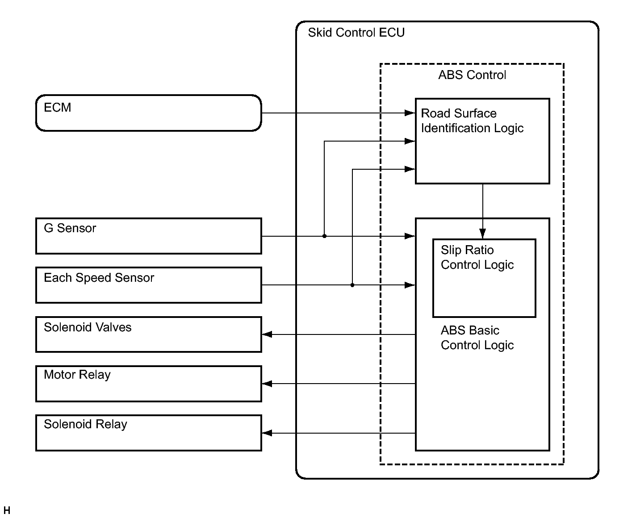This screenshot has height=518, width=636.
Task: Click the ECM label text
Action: coord(57,108)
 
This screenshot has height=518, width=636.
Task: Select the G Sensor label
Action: coord(70,228)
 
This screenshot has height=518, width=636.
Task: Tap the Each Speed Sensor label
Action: coord(99,278)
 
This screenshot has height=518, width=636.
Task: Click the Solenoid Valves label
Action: coord(88,327)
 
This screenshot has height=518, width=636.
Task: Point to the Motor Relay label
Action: coord(77,375)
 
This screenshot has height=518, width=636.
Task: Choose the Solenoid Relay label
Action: coord(85,425)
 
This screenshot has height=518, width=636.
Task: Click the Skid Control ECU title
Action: coord(356,33)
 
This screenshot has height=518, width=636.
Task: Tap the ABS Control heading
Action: coord(472,75)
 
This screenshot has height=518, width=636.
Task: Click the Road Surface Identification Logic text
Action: coord(472,121)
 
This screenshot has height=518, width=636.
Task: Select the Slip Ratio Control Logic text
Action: coord(477,257)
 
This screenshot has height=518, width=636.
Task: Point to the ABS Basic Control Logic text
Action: coord(477,338)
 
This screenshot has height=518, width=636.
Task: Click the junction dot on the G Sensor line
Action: coord(324,236)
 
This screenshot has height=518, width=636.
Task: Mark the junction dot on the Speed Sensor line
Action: coord(352,285)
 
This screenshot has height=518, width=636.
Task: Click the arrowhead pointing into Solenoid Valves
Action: coord(267,334)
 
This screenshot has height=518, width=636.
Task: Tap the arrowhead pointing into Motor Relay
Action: coord(267,384)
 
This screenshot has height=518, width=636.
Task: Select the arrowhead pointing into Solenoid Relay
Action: coord(267,433)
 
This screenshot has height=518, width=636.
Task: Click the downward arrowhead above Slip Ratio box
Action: coord(482,234)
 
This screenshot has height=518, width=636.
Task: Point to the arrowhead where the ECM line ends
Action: coord(410,113)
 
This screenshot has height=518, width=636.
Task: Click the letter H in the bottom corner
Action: coord(7,510)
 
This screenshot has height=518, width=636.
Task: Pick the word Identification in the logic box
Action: coord(456,128)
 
